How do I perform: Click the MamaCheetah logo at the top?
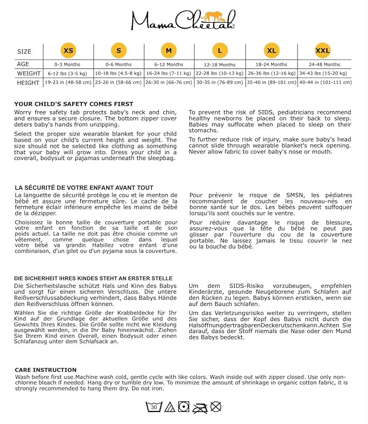point(183,20)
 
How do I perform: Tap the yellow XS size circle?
point(68,51)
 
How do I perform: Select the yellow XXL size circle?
point(322,51)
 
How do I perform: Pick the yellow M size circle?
point(169,51)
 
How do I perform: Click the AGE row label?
point(23,64)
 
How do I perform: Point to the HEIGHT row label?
point(28,82)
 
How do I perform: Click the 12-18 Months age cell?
point(220,64)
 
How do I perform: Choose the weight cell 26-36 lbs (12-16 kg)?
point(271,73)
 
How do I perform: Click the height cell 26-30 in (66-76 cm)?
point(169,82)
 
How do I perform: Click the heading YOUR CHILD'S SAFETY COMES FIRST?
point(74,104)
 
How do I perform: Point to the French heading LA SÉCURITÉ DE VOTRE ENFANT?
point(84,188)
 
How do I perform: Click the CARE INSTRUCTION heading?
point(46,369)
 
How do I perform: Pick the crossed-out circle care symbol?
point(216,406)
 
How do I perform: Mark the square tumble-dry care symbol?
point(184,406)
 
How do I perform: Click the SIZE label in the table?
point(24,52)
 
